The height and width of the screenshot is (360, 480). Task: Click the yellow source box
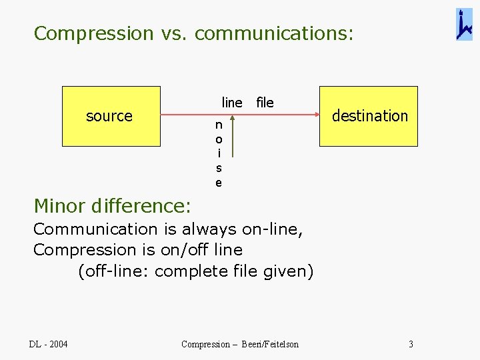111,116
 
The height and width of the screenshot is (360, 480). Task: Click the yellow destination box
369,116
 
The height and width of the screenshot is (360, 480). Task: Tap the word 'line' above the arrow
232,103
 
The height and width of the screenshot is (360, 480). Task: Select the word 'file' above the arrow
265,103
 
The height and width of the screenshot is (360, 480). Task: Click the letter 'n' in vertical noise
219,125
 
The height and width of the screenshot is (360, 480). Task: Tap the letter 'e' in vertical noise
219,182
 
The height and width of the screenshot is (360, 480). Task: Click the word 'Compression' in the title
93,33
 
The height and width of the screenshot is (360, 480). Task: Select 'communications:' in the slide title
274,33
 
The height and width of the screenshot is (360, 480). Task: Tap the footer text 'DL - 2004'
48,344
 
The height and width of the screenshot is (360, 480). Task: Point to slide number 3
411,344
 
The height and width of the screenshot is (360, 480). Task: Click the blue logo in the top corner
464,25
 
